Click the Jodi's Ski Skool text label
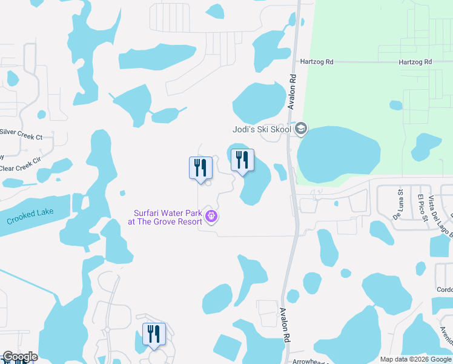263,129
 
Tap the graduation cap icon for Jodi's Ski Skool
302,129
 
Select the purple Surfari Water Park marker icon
211,216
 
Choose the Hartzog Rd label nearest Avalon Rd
317,62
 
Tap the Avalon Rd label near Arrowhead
283,325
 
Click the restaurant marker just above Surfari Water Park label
201,168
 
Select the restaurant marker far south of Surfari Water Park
154,334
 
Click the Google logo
19,357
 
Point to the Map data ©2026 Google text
415,359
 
